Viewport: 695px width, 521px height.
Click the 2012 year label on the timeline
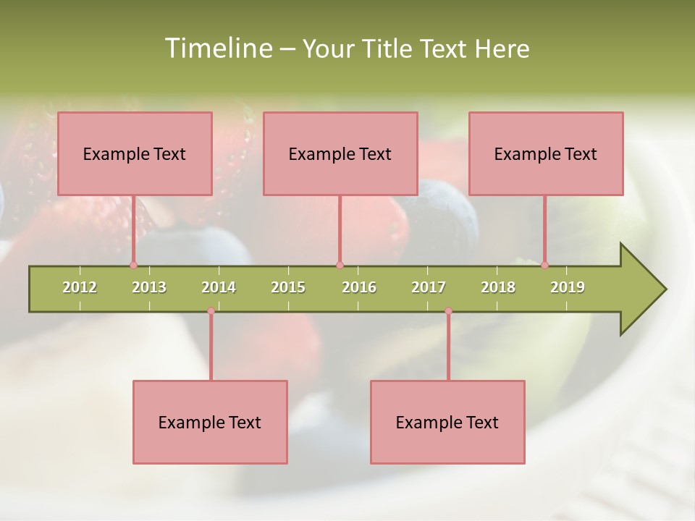pos(80,287)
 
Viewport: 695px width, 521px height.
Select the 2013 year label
pos(149,287)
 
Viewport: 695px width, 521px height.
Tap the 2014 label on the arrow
pos(219,287)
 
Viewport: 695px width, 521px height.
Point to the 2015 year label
pos(288,287)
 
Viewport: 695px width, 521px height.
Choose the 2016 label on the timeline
pos(359,287)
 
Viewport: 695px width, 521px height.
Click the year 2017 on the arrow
pos(429,287)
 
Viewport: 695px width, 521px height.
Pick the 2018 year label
pos(498,287)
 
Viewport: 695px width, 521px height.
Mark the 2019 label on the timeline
pos(568,287)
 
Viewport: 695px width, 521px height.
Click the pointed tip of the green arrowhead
pos(665,289)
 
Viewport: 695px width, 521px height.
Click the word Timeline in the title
pos(217,48)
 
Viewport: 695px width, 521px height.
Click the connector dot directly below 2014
pos(211,311)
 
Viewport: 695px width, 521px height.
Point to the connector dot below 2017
pos(448,311)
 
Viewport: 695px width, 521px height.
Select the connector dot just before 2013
pos(133,265)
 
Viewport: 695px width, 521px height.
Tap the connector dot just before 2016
pos(340,265)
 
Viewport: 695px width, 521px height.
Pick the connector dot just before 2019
pos(544,265)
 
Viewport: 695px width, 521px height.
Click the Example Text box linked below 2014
pos(210,422)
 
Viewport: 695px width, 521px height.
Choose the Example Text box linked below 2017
pos(447,422)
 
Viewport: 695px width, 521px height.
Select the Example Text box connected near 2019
pos(546,153)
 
